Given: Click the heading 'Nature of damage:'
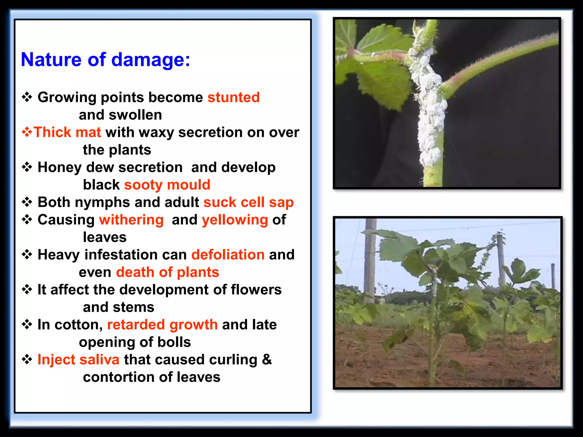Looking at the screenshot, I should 105,60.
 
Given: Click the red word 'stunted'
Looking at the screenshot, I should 233,97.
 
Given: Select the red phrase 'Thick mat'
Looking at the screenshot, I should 67,132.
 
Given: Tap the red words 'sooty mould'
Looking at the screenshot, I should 167,185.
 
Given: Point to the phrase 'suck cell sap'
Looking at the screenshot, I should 248,202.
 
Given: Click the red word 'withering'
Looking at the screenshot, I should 131,220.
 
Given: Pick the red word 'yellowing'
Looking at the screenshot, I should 235,220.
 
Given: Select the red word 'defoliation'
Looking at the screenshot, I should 228,255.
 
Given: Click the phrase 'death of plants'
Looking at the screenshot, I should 167,272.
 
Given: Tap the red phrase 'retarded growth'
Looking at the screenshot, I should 162,325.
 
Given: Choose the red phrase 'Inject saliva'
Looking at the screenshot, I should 78,360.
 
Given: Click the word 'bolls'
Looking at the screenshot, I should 174,342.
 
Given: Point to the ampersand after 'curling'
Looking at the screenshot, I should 267,359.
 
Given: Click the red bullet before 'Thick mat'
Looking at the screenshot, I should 27,132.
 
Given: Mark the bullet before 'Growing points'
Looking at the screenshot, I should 27,97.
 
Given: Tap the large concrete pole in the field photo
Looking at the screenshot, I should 370,262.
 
